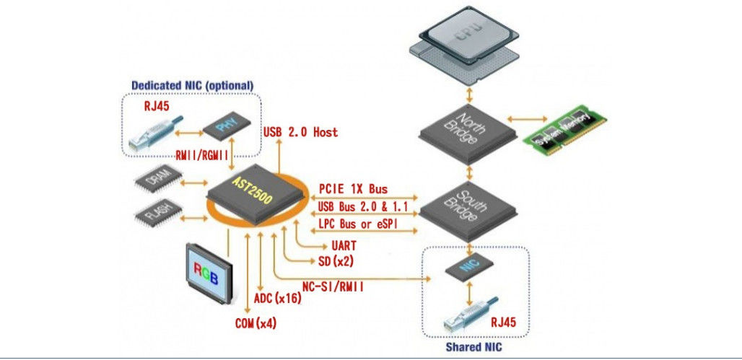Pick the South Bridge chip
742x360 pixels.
(x=468, y=209)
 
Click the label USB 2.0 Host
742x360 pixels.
(x=300, y=133)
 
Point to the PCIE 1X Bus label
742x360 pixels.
(x=353, y=189)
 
